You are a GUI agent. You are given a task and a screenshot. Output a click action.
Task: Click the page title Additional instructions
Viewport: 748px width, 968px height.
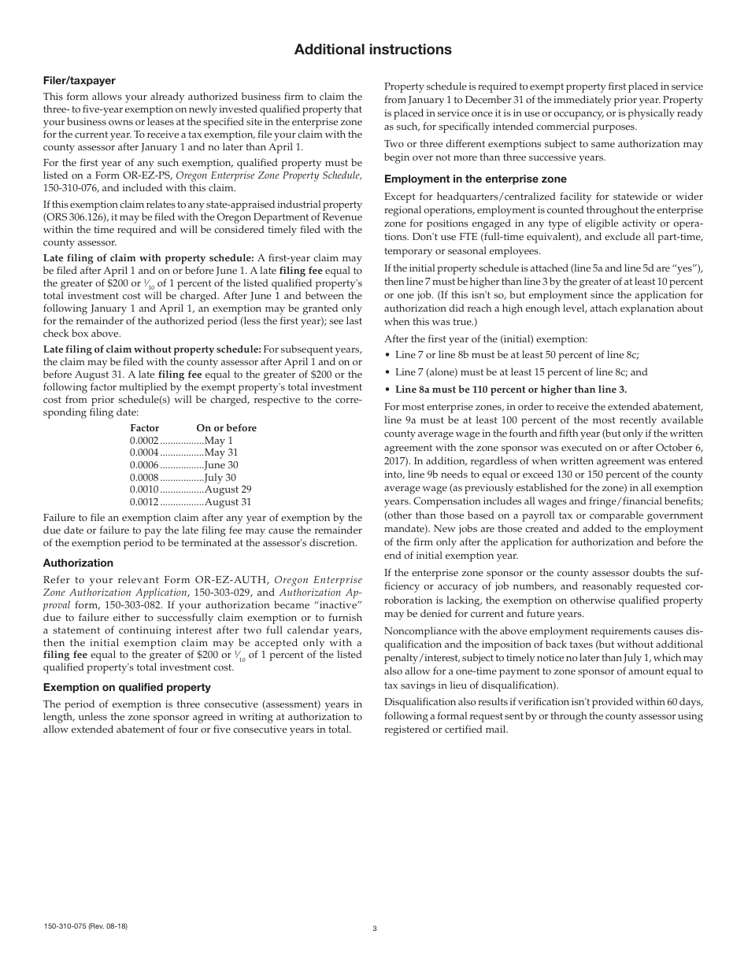(x=373, y=50)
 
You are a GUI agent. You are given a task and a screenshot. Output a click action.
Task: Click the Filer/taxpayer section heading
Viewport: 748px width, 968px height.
(x=79, y=80)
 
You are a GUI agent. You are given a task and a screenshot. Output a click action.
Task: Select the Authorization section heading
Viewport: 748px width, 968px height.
(x=78, y=563)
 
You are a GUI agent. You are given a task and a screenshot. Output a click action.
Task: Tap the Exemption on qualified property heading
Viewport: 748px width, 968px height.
(x=127, y=687)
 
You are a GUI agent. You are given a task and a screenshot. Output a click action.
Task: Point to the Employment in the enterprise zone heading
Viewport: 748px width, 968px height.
(x=475, y=179)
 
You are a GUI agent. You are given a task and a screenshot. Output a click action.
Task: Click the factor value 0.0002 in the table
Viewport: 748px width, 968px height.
(x=144, y=441)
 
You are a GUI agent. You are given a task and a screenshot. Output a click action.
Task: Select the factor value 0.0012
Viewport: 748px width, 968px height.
(x=144, y=502)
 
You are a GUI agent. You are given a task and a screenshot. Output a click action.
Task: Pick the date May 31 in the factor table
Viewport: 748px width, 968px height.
(x=221, y=453)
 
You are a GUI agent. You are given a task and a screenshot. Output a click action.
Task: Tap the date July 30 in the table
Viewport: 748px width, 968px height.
(x=220, y=477)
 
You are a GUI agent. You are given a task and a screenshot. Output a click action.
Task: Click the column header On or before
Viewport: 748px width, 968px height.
(x=227, y=428)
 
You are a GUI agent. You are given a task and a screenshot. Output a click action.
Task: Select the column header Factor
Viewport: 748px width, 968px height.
(x=144, y=428)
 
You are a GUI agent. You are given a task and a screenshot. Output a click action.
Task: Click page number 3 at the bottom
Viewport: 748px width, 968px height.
(x=375, y=929)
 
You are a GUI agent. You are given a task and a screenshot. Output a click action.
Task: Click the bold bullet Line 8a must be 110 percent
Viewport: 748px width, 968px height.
(x=511, y=390)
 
